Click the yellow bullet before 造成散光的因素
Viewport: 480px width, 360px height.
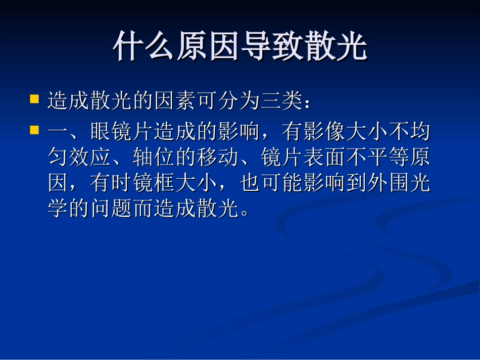(34, 98)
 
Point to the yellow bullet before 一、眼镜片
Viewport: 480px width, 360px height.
(34, 130)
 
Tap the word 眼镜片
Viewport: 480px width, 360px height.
(122, 133)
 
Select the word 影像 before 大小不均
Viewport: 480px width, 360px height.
(324, 133)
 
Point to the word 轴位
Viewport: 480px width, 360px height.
(154, 158)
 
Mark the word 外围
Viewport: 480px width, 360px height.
(388, 184)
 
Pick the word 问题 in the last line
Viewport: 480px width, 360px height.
(112, 209)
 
